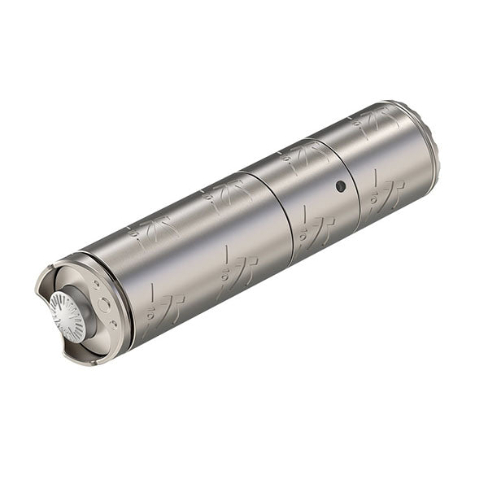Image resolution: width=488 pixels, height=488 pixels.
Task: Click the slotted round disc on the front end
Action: point(67,316)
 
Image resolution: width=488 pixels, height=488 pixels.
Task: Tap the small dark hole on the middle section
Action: point(340,186)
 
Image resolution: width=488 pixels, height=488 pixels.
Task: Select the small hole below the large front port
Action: point(113,325)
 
